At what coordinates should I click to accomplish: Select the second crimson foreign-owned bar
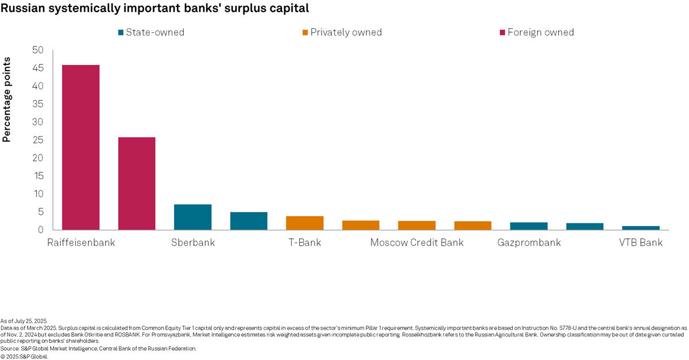click(x=137, y=183)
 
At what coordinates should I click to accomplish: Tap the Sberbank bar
click(x=192, y=217)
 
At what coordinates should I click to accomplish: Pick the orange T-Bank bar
click(x=305, y=223)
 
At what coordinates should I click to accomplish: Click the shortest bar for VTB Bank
click(x=641, y=228)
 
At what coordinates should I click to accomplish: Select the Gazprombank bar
click(x=529, y=226)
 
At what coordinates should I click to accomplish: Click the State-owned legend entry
click(x=151, y=32)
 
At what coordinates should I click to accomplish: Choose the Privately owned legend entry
click(x=342, y=32)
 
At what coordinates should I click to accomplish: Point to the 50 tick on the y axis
click(x=38, y=51)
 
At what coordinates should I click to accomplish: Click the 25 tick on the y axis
click(x=38, y=140)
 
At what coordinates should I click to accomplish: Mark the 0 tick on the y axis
click(x=41, y=230)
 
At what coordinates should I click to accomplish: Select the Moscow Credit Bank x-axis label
click(x=417, y=242)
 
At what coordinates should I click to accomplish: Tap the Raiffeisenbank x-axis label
click(x=81, y=242)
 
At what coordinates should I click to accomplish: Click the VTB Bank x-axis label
click(x=641, y=242)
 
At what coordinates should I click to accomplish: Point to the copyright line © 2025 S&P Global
click(x=25, y=356)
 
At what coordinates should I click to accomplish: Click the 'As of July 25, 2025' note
click(x=25, y=320)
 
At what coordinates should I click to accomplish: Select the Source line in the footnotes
click(x=98, y=349)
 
